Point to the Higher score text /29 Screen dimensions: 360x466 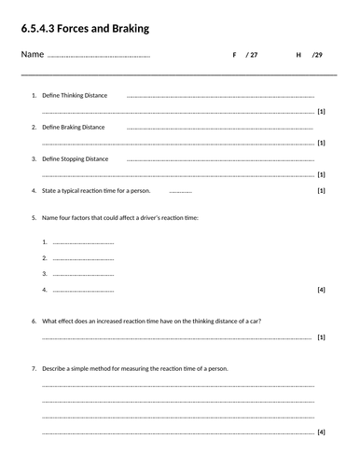pyautogui.click(x=318, y=56)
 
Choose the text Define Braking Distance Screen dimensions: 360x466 pyautogui.click(x=74, y=127)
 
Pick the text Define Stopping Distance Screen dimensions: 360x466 pyautogui.click(x=76, y=158)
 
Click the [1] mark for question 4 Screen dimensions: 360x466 pyautogui.click(x=321, y=190)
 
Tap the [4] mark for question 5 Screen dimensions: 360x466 pyautogui.click(x=321, y=290)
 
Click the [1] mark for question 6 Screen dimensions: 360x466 pyautogui.click(x=321, y=336)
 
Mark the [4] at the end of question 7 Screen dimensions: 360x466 pyautogui.click(x=321, y=432)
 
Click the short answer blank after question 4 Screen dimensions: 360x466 pyautogui.click(x=181, y=191)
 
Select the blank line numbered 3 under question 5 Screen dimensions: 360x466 pyautogui.click(x=84, y=274)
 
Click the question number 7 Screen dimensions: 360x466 pyautogui.click(x=35, y=368)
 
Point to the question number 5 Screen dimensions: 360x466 pyautogui.click(x=35, y=217)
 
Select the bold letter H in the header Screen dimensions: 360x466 pyautogui.click(x=298, y=56)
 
